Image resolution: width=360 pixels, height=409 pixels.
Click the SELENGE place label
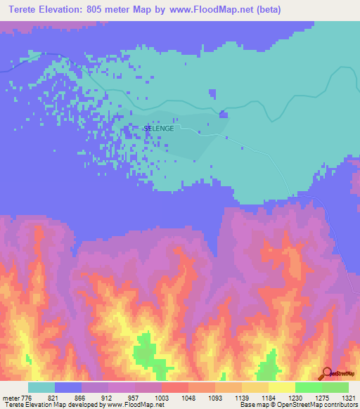159,129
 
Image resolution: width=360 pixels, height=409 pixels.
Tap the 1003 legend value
162,398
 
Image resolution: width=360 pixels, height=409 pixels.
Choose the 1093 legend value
215,398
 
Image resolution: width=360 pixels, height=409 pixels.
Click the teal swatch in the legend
41,387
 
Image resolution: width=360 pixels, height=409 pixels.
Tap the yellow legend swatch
282,387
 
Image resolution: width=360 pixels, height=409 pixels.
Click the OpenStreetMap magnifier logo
326,374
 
